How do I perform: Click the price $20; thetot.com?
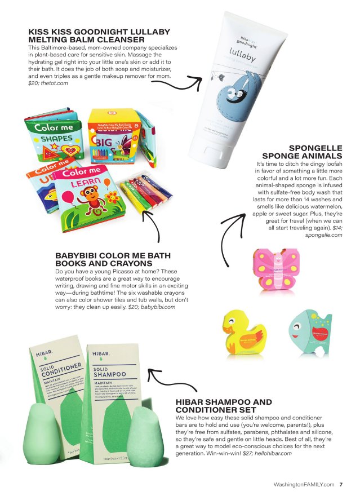click(x=48, y=83)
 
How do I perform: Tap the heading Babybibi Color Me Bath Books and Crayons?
click(x=104, y=259)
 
